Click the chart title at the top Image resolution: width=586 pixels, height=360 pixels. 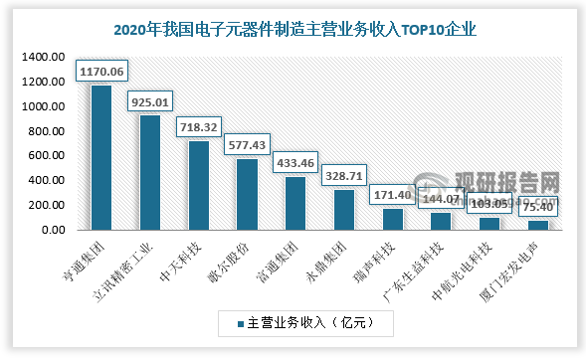coord(294,30)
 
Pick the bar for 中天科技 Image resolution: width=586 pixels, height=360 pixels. coord(198,185)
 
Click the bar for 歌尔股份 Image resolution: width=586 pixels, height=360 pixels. coord(247,194)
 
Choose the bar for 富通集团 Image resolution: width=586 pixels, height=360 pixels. coord(294,203)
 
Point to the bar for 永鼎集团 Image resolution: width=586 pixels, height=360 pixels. coord(343,210)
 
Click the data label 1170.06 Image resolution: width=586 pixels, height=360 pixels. coord(101,72)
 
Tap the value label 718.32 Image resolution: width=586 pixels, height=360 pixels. coord(198,127)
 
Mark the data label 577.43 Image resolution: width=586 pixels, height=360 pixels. coord(247,145)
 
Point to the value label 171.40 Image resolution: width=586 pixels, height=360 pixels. coord(392,195)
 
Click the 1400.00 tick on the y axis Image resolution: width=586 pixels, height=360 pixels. coord(44,58)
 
